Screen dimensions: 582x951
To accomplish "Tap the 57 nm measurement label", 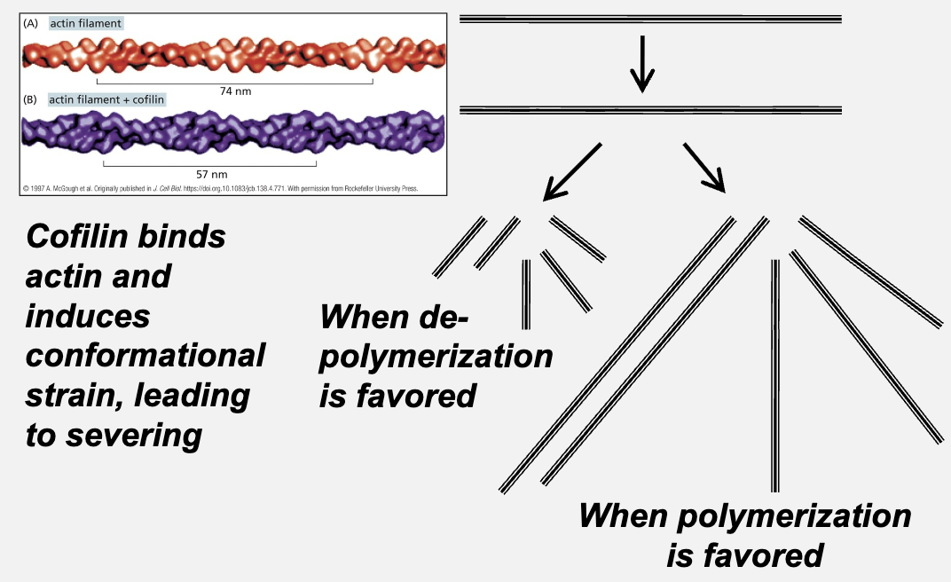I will pos(211,173).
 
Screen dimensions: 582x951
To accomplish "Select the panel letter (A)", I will pos(31,24).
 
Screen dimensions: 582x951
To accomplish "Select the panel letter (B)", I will pos(31,99).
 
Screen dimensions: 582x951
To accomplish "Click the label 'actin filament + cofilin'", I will pos(107,99).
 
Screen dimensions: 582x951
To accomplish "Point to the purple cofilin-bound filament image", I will pos(231,134).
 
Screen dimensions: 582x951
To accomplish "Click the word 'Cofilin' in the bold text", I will pos(82,238).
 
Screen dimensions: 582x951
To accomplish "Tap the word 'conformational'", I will pos(145,355).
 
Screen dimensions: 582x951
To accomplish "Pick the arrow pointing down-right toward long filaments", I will pos(706,168).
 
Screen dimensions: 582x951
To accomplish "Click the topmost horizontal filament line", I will pos(650,19).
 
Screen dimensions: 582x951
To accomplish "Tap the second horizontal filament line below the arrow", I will pos(650,110).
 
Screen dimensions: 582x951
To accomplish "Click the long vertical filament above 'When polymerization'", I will pos(775,373).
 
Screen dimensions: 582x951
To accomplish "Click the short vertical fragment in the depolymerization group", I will pos(526,293).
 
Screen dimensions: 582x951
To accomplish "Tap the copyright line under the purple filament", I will pos(219,188).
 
